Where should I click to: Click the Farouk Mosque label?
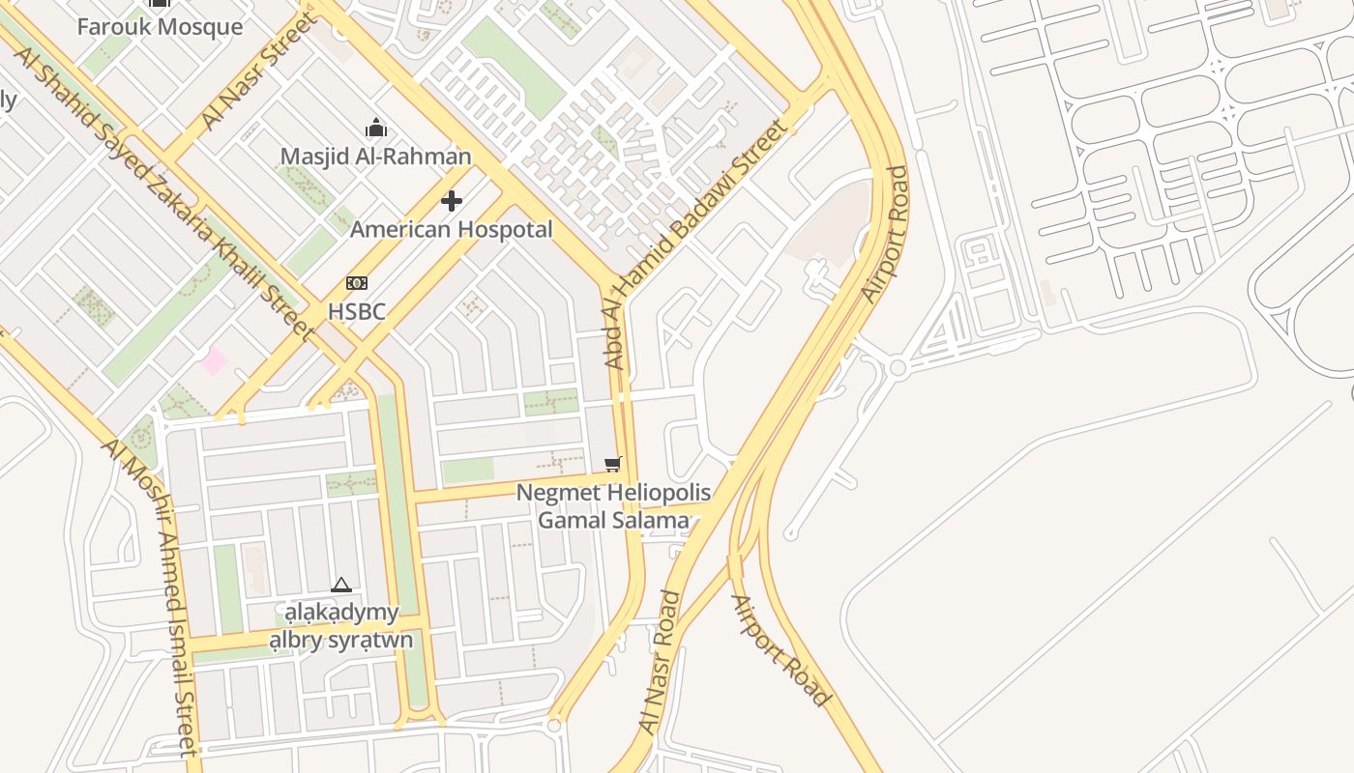[160, 26]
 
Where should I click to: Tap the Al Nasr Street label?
[257, 72]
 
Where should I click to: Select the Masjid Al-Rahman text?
[375, 156]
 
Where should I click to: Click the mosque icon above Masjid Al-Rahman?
[375, 128]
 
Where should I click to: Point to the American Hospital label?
[451, 229]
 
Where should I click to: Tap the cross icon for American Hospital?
[451, 201]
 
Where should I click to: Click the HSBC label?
[356, 311]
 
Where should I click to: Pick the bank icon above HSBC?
[356, 283]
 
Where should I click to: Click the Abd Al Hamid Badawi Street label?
[693, 244]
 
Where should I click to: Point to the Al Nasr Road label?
[661, 661]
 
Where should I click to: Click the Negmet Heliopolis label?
[613, 493]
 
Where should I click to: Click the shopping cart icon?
[612, 465]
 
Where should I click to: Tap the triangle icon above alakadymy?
[340, 585]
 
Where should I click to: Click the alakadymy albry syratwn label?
[340, 626]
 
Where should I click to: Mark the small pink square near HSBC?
[214, 361]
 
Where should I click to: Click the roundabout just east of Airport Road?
[898, 367]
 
